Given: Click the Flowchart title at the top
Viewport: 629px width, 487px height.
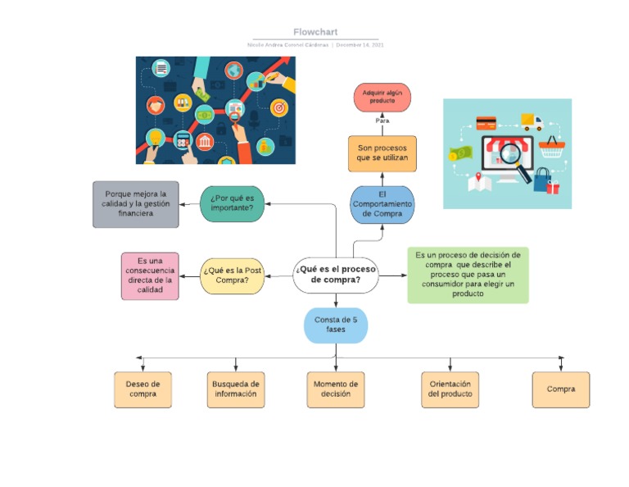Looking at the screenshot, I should [315, 32].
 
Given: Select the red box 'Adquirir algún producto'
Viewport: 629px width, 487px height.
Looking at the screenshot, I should [382, 97].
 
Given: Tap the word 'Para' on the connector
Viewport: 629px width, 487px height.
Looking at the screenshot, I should [382, 121].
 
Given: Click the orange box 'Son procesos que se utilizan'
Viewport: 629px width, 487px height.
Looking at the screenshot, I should [382, 153].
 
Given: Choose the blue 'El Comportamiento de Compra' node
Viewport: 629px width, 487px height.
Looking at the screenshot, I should [382, 204].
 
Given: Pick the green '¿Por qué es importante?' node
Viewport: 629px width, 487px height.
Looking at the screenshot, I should [232, 203].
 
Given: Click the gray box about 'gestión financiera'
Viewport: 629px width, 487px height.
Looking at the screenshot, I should [135, 204].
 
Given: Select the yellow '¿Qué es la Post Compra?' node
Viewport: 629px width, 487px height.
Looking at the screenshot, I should [233, 276].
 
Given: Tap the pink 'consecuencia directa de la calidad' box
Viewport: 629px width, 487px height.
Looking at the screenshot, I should [150, 276].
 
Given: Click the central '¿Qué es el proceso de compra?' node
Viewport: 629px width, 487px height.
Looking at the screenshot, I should [337, 275].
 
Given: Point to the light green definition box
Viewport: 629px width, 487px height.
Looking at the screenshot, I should [468, 275].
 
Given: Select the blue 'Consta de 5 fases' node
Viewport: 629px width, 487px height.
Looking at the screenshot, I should [336, 325].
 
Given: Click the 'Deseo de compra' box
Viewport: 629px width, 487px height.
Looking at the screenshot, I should [143, 389].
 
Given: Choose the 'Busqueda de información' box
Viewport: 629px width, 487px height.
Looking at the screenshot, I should [236, 389].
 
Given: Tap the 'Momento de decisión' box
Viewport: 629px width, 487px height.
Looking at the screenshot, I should [336, 389].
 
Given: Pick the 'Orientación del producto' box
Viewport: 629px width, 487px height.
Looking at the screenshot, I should [450, 389].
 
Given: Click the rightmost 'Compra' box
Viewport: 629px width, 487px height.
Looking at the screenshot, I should [561, 389].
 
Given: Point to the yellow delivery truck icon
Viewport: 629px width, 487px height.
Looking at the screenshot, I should [532, 123].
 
